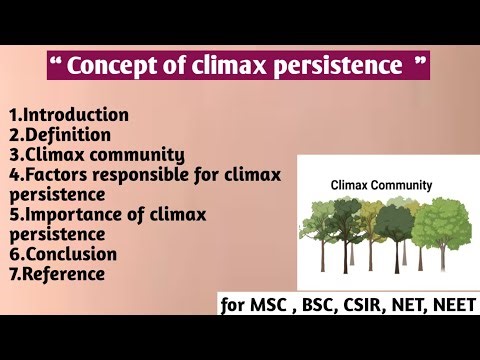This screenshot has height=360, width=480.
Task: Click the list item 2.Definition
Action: (x=59, y=134)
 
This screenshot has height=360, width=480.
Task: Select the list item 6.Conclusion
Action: (x=62, y=254)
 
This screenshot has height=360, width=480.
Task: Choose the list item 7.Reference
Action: (x=57, y=274)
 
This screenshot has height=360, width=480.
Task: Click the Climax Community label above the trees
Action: (x=381, y=185)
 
